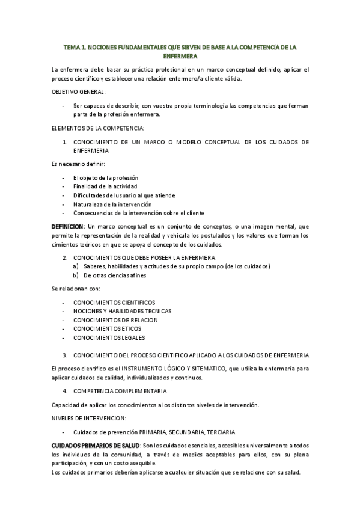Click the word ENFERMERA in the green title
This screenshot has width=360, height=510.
coord(180,55)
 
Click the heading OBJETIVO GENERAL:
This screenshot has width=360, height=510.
coord(79,91)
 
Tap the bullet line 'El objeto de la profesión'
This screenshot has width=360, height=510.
coord(105,178)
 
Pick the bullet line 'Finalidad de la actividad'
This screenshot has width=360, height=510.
coord(106,186)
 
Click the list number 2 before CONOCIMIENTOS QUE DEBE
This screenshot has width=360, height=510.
coord(65,257)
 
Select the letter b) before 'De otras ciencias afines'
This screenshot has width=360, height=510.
coord(76,275)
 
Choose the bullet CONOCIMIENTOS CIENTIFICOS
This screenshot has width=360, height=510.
coord(114,303)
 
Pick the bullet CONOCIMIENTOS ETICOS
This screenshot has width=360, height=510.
coord(108,329)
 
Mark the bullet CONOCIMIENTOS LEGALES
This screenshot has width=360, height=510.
coord(110,337)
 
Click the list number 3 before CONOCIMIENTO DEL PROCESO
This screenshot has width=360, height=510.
coord(65,355)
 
